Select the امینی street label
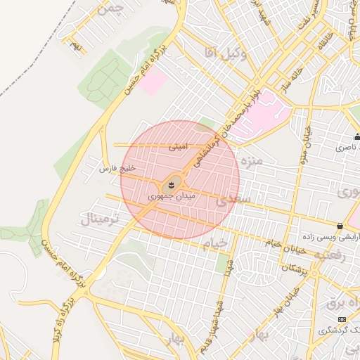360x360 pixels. click(178, 148)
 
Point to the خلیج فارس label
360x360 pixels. click(115, 169)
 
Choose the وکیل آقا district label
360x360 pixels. click(225, 53)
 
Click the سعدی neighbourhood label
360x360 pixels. click(233, 200)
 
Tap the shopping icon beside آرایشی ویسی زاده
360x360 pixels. click(340, 226)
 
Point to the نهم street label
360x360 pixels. click(75, 46)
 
